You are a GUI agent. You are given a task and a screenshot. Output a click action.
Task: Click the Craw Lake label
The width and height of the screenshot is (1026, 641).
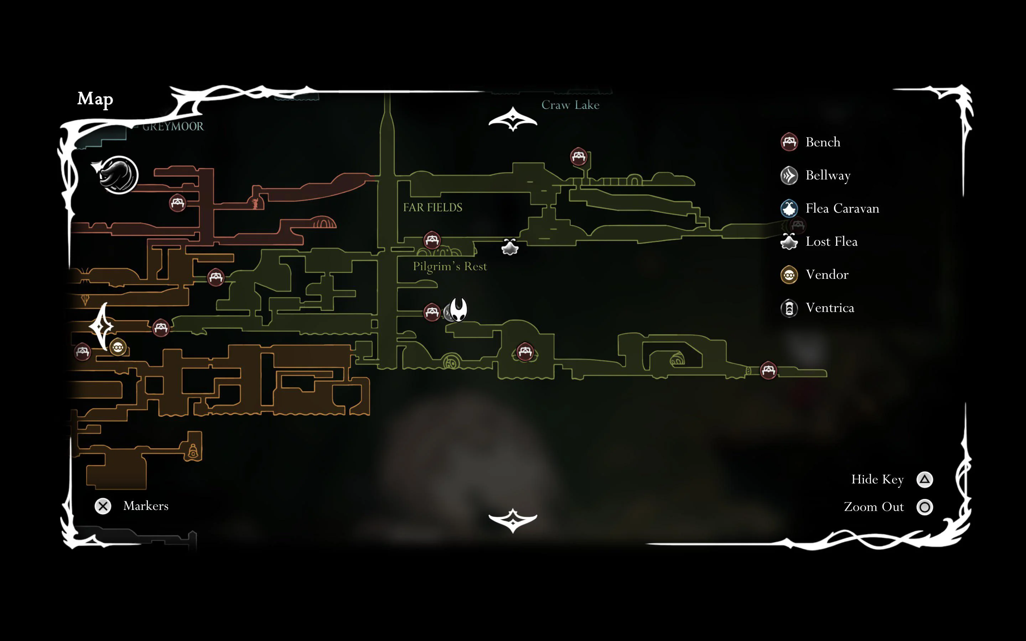[570, 105]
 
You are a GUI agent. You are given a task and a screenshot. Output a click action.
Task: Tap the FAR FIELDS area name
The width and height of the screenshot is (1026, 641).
[432, 207]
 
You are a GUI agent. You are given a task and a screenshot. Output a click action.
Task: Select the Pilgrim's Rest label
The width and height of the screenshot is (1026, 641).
[450, 266]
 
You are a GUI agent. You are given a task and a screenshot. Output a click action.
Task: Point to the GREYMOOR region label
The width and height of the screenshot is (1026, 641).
[173, 126]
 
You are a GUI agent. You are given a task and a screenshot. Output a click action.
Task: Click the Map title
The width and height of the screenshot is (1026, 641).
[95, 99]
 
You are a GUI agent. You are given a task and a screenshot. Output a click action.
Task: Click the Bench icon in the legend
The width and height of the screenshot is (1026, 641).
[789, 142]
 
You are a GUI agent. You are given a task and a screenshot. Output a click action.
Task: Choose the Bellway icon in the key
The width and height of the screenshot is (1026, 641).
[789, 176]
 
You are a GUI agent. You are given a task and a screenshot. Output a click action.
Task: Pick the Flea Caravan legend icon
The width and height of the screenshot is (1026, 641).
[789, 209]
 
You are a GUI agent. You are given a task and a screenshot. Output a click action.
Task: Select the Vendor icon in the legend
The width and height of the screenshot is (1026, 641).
[789, 275]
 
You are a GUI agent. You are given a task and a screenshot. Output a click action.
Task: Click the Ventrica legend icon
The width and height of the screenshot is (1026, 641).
[789, 308]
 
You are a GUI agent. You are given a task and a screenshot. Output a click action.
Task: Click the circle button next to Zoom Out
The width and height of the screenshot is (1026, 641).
[925, 507]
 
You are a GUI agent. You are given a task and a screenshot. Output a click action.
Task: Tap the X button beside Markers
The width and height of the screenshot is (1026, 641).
[103, 506]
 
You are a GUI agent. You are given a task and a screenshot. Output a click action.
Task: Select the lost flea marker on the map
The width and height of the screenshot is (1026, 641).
[509, 247]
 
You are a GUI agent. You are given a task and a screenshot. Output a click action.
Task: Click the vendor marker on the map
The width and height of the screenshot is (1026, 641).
[118, 348]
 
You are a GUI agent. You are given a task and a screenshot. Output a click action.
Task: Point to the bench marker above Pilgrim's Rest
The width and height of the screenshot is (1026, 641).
[432, 240]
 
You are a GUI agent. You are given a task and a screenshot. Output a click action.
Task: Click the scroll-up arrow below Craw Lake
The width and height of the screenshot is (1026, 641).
[513, 119]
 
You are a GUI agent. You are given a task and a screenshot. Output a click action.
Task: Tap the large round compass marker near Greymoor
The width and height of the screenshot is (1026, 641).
[118, 175]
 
